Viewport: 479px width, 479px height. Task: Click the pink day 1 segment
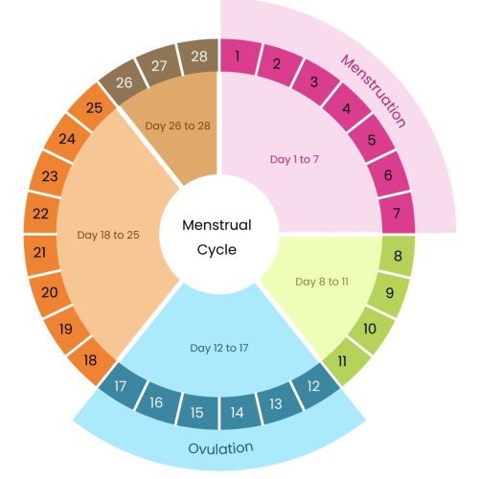239,57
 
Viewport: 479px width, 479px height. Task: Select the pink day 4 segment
347,107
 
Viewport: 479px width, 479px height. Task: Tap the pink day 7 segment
397,213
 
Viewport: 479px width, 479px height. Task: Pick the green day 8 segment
397,256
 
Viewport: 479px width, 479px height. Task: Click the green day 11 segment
344,361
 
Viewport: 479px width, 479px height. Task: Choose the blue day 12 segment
314,386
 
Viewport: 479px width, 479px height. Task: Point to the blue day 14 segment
238,412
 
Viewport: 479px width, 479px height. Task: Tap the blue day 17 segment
122,386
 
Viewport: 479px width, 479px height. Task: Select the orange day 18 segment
92,361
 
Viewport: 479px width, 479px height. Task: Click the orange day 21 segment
41,253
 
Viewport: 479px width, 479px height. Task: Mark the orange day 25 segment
93,107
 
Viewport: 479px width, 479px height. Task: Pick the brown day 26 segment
124,82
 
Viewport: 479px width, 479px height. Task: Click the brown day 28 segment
199,57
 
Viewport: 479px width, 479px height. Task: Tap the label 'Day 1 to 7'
294,159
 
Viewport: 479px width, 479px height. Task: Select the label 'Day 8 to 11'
322,282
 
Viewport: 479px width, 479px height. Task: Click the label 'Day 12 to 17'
219,348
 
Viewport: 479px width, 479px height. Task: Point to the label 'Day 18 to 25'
108,235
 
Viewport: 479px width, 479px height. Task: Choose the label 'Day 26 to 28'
177,125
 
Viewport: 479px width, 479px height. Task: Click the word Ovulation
220,448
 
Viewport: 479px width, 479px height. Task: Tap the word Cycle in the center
217,250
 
